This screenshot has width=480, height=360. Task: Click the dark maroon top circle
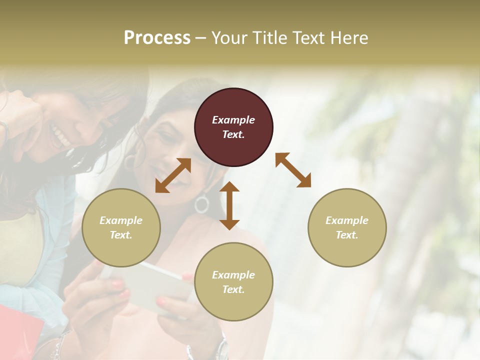point(233,127)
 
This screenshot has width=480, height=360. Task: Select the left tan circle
point(121,227)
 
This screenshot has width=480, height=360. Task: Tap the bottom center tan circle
point(233,281)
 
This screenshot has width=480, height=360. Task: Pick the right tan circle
point(347,227)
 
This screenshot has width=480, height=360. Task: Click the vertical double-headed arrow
point(229,205)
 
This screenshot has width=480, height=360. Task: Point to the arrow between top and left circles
point(173,175)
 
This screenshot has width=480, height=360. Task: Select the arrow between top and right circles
point(293,170)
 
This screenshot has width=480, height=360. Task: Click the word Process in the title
point(157,37)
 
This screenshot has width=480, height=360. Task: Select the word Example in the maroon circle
point(233,120)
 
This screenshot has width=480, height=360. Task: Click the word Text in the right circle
point(346,235)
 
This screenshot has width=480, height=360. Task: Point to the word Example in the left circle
point(121,220)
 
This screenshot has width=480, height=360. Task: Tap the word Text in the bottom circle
point(232,289)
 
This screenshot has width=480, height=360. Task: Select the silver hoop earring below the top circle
point(202,204)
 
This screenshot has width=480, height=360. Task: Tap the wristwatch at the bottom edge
point(221,350)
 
